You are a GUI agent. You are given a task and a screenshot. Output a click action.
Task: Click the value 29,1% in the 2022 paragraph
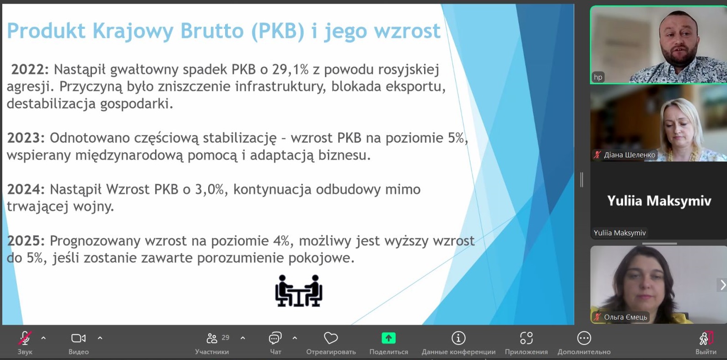click(x=290, y=70)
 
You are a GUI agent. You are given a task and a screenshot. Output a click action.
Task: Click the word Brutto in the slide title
click(x=212, y=31)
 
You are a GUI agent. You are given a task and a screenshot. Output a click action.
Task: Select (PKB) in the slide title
click(x=278, y=31)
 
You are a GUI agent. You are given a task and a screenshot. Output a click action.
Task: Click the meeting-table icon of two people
click(x=299, y=291)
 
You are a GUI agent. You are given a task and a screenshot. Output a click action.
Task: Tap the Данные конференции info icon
click(x=458, y=338)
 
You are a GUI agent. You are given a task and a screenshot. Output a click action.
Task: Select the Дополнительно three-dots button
click(x=584, y=338)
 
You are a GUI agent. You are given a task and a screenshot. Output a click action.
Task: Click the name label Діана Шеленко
click(x=629, y=155)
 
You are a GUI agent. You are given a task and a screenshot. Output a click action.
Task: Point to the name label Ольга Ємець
click(x=625, y=317)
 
